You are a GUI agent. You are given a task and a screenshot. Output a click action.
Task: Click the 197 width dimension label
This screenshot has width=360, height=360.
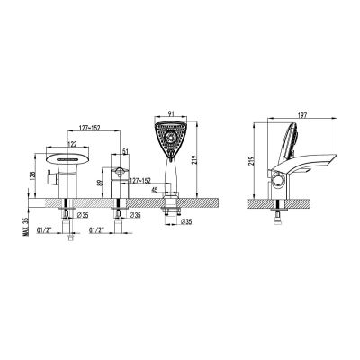point(303,115)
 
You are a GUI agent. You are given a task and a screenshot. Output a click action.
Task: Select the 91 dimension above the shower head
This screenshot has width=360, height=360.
point(171,113)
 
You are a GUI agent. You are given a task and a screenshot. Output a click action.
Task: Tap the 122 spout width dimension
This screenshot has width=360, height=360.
point(73,143)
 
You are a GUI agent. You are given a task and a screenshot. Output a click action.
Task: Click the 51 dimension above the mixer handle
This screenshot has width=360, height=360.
point(125,151)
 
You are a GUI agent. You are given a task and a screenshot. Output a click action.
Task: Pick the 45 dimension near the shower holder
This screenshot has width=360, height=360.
point(155,190)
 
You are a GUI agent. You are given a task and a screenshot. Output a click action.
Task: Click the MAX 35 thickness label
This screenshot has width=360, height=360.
point(25,227)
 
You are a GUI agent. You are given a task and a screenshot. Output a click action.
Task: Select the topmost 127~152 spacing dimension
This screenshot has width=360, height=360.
point(90,128)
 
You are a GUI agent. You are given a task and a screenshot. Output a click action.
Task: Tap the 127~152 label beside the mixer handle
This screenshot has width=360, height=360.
point(139,181)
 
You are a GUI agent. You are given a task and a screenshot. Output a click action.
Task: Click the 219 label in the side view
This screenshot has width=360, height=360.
point(251,161)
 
